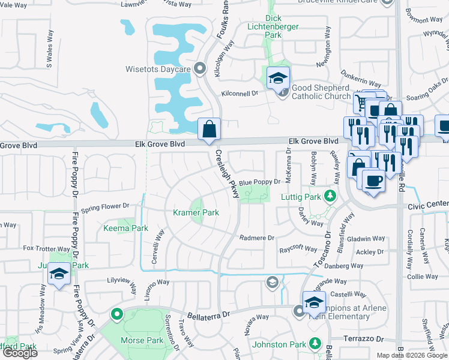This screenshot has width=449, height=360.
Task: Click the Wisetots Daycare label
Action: coord(158,69)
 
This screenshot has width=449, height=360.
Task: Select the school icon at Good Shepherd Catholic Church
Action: coord(279,79)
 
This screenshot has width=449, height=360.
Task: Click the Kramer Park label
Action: coord(196,212)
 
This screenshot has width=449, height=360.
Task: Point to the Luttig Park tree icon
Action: coord(329,196)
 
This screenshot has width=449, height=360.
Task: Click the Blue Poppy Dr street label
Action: coord(260,182)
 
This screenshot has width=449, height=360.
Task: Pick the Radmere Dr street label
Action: coord(256,238)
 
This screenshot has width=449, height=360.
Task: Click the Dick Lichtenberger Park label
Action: coord(273,27)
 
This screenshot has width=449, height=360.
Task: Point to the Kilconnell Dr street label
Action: coord(239,93)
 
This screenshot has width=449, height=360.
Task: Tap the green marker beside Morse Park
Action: coord(116,313)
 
